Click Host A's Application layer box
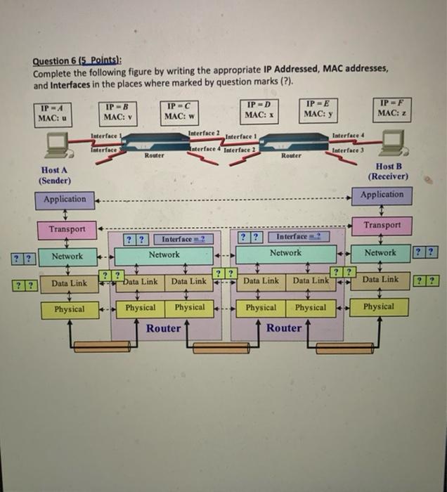click(x=65, y=200)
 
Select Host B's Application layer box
click(x=383, y=195)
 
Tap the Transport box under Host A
click(x=67, y=229)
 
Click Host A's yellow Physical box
click(x=69, y=309)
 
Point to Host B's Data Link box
click(x=380, y=280)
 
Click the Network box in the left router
click(x=164, y=255)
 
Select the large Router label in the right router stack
click(x=285, y=328)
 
